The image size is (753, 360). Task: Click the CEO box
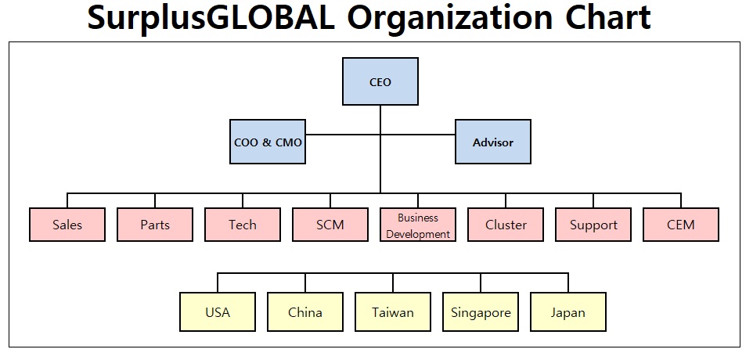(380, 81)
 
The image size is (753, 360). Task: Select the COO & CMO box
(268, 142)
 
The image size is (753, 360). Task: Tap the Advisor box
(493, 142)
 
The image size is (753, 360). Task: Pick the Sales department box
(67, 225)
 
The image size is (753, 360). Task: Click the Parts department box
(155, 225)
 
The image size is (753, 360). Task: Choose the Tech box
(243, 225)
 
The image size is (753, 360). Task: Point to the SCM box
(330, 225)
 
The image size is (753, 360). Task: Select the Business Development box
(418, 225)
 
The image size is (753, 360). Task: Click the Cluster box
(506, 225)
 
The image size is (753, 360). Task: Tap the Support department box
(593, 225)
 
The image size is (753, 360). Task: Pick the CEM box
(681, 225)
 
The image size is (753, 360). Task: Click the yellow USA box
(218, 312)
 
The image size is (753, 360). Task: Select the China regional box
(305, 312)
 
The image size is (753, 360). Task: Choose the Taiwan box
(393, 312)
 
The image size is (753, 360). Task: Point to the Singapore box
(481, 312)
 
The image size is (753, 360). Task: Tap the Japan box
(568, 312)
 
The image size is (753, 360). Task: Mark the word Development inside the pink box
(418, 233)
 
